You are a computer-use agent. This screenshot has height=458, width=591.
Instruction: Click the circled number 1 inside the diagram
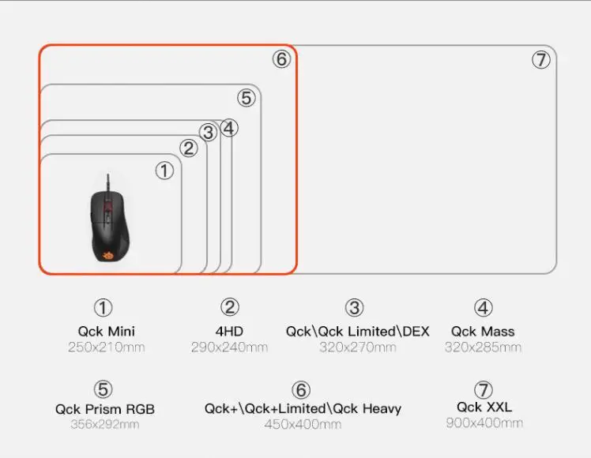[x=164, y=171]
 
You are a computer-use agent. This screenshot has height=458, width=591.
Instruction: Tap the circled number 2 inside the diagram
[x=188, y=148]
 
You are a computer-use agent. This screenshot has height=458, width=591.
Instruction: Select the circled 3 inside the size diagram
[x=209, y=133]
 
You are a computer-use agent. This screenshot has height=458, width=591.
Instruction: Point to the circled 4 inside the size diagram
[x=229, y=128]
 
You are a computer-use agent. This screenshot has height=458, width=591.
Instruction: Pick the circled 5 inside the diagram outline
[x=247, y=98]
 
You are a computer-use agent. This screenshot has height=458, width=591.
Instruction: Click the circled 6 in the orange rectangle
[x=282, y=59]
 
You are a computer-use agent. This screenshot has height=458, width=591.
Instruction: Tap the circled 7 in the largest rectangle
[x=540, y=60]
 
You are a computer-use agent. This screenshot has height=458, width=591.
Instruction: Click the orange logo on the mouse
[x=108, y=254]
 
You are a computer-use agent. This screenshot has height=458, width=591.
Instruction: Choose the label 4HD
[x=229, y=332]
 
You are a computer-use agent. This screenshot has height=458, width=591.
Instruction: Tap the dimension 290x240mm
[x=229, y=347]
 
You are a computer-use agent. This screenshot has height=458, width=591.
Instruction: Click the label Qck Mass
[x=483, y=332]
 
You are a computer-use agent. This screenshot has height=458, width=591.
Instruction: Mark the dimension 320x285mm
[x=483, y=347]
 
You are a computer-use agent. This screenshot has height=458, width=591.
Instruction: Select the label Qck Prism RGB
[x=105, y=409]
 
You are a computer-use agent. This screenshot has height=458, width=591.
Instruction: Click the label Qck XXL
[x=484, y=407]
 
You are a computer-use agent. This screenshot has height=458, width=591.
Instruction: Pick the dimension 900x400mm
[x=484, y=423]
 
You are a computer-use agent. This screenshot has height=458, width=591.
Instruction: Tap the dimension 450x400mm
[x=303, y=425]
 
